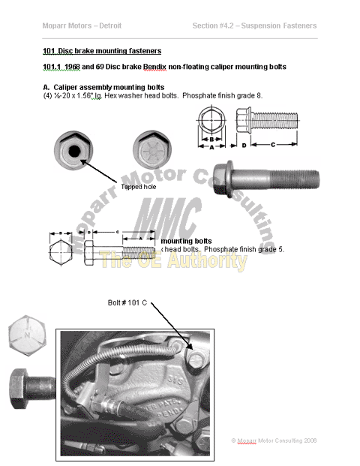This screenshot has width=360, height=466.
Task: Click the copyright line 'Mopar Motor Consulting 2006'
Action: point(274,440)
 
